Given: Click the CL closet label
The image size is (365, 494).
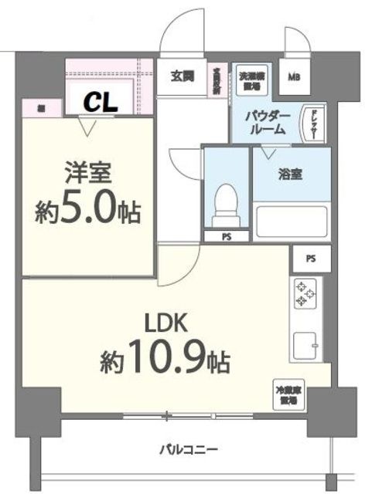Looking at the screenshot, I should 100,100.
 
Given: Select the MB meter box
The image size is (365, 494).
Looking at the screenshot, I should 295,77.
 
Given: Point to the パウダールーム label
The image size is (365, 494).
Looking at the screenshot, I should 268,123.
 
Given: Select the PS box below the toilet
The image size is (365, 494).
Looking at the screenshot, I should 227,236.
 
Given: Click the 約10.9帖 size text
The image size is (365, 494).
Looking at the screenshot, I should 164,358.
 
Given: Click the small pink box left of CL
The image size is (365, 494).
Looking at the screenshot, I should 37,109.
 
